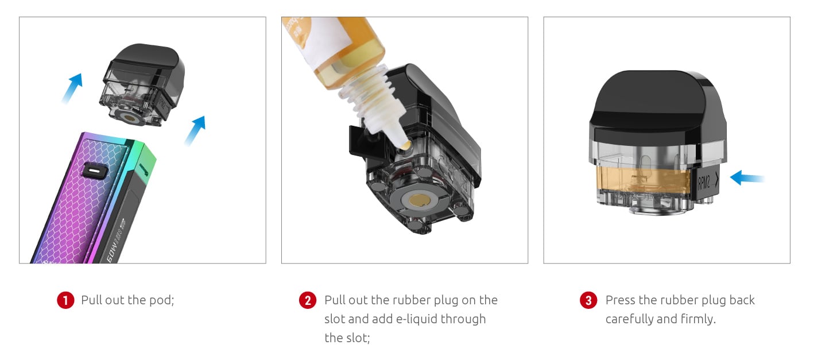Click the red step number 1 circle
coord(65,300)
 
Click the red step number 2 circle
coord(308,300)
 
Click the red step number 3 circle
coord(588,300)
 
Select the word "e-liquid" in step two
coord(416,319)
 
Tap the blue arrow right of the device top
coord(195,130)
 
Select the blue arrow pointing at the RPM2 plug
coord(747,178)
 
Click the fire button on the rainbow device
coord(94,171)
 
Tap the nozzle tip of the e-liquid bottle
coord(405,146)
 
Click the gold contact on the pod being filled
coord(417,200)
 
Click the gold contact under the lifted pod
coord(129,118)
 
